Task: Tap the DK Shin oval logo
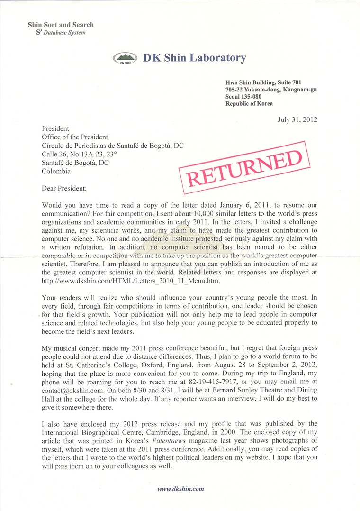pos(126,59)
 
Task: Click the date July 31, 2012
pos(297,119)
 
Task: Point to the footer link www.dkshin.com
pos(180,489)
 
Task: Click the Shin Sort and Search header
pos(61,25)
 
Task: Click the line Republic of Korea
pos(249,104)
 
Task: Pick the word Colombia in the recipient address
pos(56,172)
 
